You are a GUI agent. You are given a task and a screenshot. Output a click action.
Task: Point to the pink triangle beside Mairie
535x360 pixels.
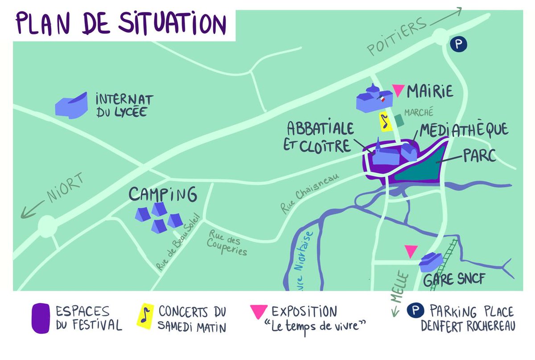pyautogui.click(x=399, y=91)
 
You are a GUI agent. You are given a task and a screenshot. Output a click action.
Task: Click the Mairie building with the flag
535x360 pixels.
pyautogui.click(x=370, y=98)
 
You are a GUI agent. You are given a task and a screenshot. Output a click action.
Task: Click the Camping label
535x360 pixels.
pyautogui.click(x=163, y=194)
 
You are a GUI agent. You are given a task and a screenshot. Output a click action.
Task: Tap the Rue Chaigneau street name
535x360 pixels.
pyautogui.click(x=309, y=193)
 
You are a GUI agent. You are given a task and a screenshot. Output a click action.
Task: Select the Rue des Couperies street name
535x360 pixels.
pyautogui.click(x=228, y=242)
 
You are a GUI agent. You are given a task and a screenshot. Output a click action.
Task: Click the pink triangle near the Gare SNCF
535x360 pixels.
pyautogui.click(x=411, y=250)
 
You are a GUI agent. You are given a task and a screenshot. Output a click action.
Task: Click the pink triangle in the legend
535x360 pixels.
pyautogui.click(x=259, y=312)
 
